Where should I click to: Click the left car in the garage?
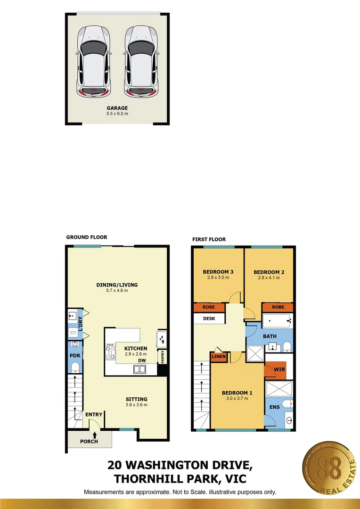(x=95, y=60)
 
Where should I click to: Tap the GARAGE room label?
(x=117, y=108)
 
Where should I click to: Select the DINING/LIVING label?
(x=117, y=285)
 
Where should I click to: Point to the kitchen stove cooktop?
(x=111, y=351)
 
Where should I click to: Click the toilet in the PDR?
(x=74, y=367)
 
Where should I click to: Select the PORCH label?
(x=89, y=441)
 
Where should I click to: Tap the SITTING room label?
(x=136, y=399)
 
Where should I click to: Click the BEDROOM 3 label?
(x=218, y=272)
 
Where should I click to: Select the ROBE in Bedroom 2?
(x=278, y=307)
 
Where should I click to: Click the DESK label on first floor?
(x=209, y=318)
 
